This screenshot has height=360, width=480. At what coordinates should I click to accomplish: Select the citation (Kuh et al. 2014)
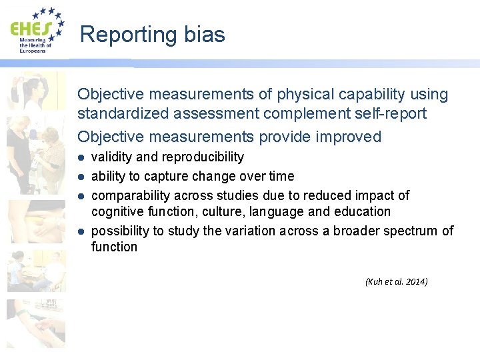pos(396,281)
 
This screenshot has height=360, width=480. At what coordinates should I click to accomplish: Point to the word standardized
pos(123,114)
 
